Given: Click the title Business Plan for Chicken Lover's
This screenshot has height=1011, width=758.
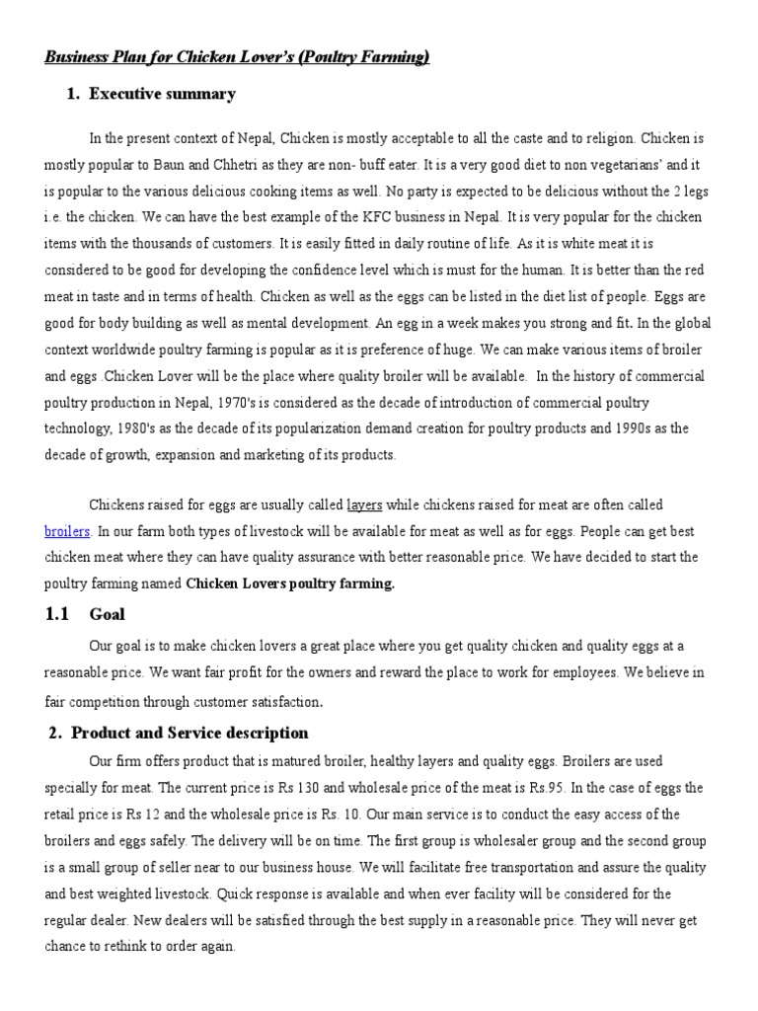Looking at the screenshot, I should pos(237,58).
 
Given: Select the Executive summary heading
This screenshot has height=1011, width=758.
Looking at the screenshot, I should pos(162,95).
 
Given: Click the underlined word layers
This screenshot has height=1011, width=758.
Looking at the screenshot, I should pos(364,505).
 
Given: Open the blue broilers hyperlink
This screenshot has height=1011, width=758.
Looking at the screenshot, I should pos(68,531).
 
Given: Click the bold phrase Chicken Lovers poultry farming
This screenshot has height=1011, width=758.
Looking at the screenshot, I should pos(290,583).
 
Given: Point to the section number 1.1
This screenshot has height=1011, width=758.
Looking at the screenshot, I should pos(56,614).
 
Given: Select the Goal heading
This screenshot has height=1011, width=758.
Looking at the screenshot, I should pos(107,614).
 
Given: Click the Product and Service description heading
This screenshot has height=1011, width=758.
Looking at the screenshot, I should pos(189,733).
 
